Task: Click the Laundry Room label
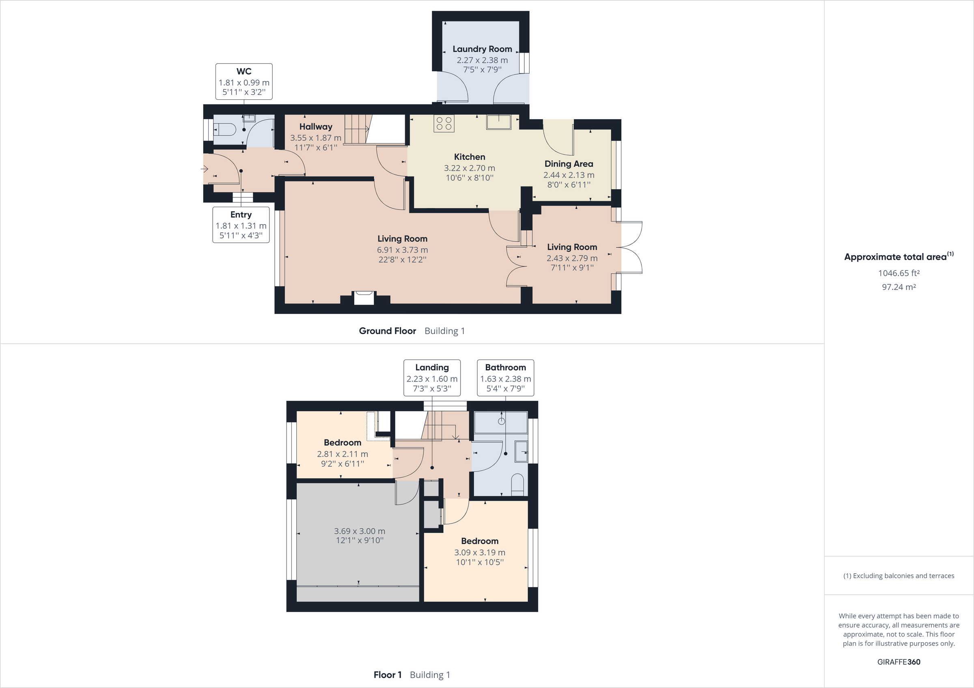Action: (482, 49)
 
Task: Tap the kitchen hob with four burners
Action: (444, 123)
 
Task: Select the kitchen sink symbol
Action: (498, 122)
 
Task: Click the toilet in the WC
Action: (225, 129)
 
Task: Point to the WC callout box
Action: (244, 81)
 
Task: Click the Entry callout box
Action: (241, 225)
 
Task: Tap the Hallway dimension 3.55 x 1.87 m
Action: (316, 138)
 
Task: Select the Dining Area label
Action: (569, 164)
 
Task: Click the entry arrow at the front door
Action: (205, 169)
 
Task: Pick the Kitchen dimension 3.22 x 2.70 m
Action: (469, 168)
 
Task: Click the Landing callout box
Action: (432, 378)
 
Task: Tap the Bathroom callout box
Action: (505, 378)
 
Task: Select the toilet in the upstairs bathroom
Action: (517, 484)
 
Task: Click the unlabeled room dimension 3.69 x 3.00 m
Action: (359, 531)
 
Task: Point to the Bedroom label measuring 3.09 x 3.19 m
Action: (479, 541)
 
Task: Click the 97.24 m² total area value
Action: (899, 287)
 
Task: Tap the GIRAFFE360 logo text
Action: (899, 662)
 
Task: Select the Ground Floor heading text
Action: (387, 331)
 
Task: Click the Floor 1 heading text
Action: (387, 675)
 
